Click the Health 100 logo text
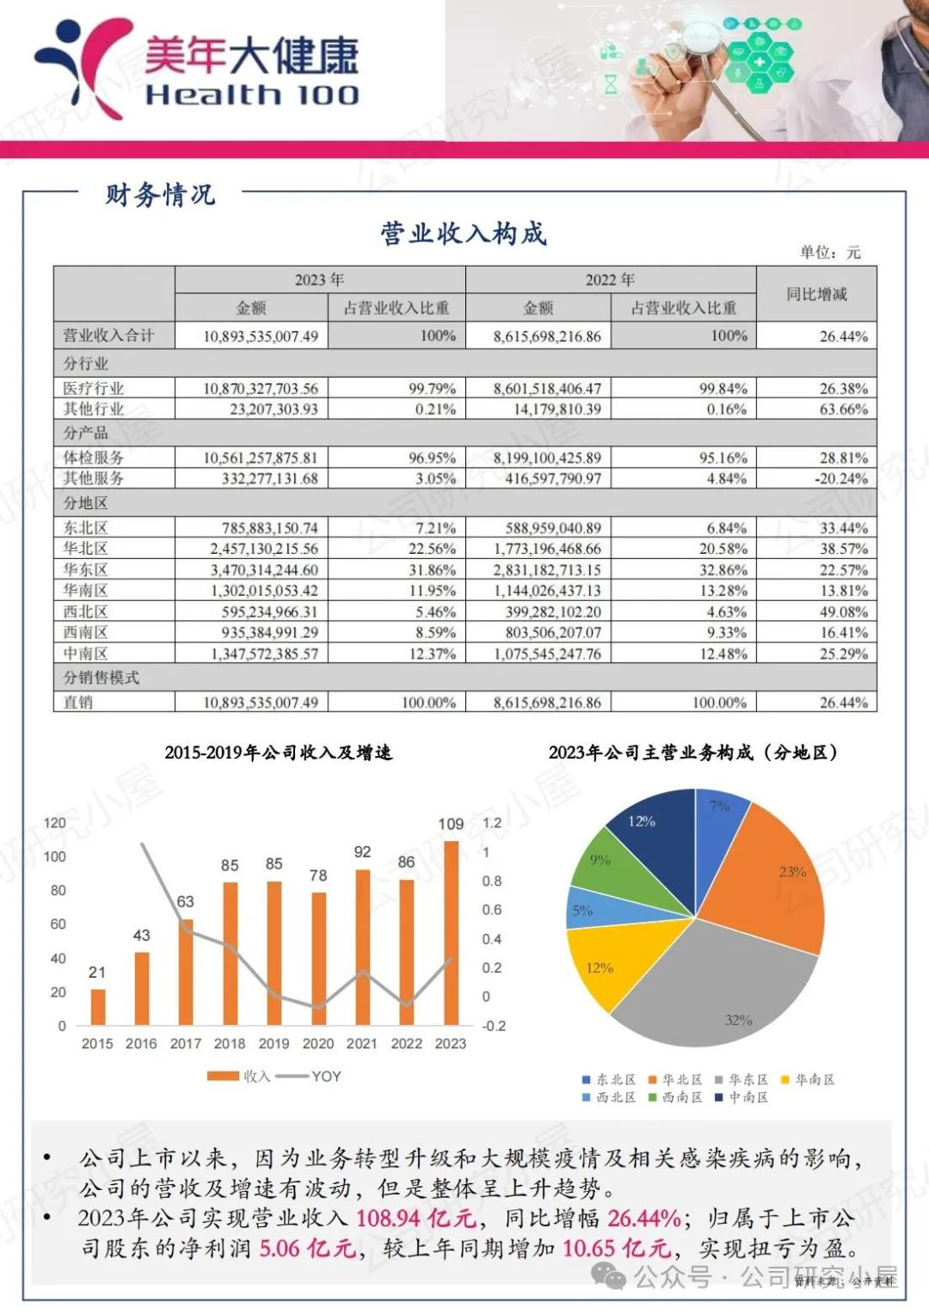(x=251, y=95)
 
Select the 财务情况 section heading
(x=160, y=194)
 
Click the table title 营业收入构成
(x=464, y=234)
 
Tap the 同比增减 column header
(x=816, y=294)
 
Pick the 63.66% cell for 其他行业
(x=843, y=409)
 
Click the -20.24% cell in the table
(x=840, y=479)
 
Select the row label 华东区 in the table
(x=85, y=570)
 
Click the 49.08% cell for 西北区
(x=843, y=612)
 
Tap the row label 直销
(x=78, y=703)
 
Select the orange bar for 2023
(x=451, y=933)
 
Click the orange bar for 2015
(x=98, y=1007)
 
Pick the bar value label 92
(x=362, y=852)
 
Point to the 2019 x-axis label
(x=274, y=1044)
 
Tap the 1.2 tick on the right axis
(x=492, y=823)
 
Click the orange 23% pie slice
(x=774, y=877)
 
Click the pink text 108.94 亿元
(x=416, y=1218)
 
